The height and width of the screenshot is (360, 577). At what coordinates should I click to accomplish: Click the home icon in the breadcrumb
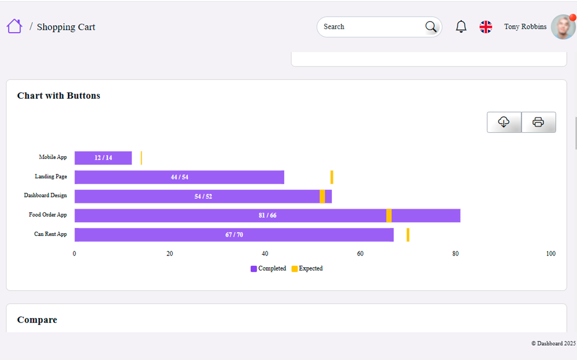14,26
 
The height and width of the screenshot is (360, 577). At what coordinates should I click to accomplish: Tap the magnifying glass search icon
431,27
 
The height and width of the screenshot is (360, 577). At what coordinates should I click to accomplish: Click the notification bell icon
461,26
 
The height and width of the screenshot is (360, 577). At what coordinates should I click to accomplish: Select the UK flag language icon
486,27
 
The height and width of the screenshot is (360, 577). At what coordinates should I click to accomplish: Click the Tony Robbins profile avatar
563,27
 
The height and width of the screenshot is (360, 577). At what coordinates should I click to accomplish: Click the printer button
539,122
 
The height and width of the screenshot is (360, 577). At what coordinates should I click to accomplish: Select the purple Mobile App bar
103,158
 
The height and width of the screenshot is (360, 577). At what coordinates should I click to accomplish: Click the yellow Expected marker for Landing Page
332,177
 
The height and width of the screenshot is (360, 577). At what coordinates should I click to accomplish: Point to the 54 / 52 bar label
203,196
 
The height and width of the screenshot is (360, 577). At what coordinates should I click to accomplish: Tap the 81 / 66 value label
268,215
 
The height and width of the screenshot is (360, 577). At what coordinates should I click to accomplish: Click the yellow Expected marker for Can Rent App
408,235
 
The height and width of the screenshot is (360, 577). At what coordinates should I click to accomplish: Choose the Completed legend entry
268,269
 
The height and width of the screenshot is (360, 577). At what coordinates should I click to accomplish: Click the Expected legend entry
307,269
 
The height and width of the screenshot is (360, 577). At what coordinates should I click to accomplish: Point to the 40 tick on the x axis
265,254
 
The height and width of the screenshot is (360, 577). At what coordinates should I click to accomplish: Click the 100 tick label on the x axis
551,254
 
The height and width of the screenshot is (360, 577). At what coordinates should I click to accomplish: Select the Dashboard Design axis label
45,195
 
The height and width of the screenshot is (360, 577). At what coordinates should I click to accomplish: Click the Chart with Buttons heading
59,96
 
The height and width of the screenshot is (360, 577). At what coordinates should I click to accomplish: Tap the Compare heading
37,320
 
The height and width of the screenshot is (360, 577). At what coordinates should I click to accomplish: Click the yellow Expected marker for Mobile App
141,158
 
